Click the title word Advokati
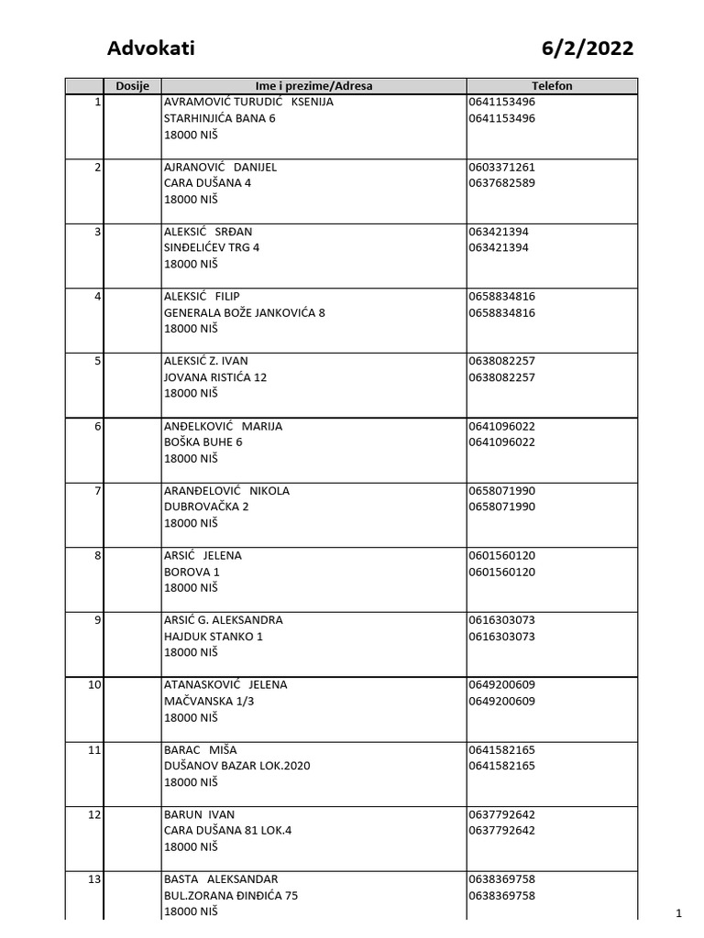click(151, 49)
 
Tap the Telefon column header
click(552, 86)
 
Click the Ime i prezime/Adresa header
click(313, 86)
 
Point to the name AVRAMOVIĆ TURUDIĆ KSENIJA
click(248, 103)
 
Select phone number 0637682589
click(501, 183)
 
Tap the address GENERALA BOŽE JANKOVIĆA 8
click(244, 313)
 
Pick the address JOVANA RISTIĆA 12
click(215, 377)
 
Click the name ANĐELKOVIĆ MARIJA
click(223, 426)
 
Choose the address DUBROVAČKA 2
click(206, 507)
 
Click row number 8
click(96, 556)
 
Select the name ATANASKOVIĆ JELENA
click(225, 685)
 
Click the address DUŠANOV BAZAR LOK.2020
click(236, 766)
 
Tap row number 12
click(93, 814)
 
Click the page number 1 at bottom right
click(679, 912)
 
